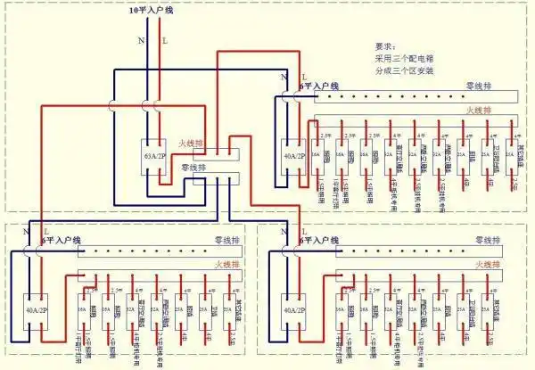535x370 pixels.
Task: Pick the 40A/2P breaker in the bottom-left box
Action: coord(35,311)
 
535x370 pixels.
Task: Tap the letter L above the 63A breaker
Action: coord(163,40)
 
